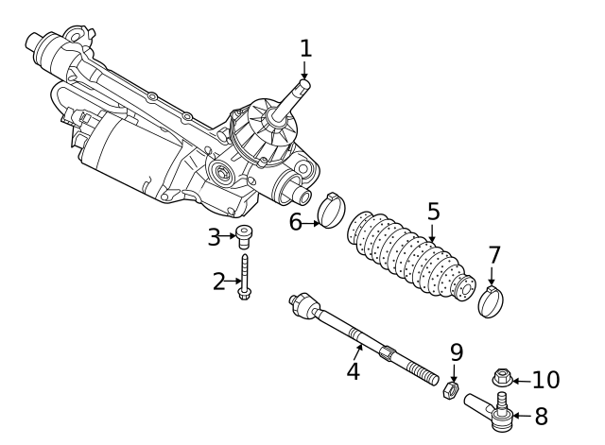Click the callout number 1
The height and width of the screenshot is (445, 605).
[305, 46]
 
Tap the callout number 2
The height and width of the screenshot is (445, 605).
[219, 281]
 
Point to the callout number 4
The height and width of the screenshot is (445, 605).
[353, 370]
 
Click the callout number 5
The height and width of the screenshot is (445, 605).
[433, 211]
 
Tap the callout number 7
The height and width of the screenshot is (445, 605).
[493, 254]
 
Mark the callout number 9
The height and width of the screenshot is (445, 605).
[456, 352]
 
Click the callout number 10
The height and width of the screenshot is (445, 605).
[545, 380]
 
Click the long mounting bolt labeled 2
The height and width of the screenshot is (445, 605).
[244, 279]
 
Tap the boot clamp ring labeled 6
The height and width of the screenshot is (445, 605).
[330, 211]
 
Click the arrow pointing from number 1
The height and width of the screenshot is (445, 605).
[305, 72]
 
